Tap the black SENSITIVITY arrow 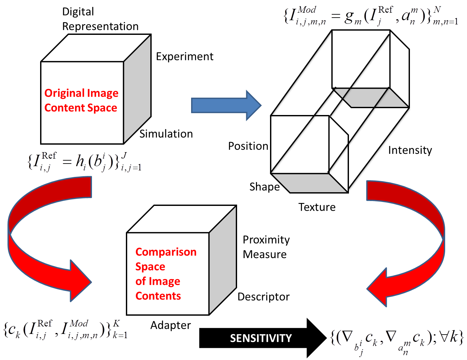tap(261, 338)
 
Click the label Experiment tap(185, 57)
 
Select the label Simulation tap(166, 134)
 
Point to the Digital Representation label tap(100, 19)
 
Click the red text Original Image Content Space tap(81, 100)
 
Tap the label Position tap(248, 146)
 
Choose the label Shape tap(264, 187)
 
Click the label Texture tap(317, 207)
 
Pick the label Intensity tap(410, 150)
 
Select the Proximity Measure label tap(266, 247)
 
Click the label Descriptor tap(264, 297)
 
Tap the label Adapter tap(171, 325)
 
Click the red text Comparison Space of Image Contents tap(166, 274)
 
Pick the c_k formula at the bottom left tap(65, 329)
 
